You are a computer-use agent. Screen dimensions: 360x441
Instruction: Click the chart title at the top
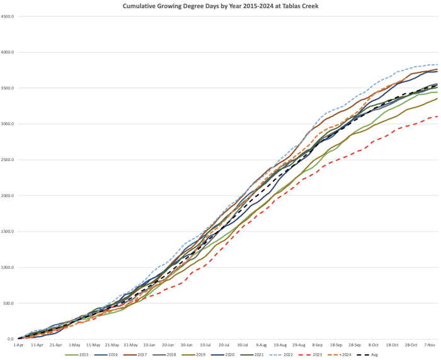tap(221, 5)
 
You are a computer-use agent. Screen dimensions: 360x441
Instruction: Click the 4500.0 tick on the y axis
tap(8, 16)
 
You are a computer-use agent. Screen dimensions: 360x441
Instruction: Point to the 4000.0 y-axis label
tap(8, 52)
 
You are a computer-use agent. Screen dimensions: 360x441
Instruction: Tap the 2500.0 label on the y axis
tap(8, 160)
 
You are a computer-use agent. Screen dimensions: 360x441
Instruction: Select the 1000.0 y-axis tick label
tap(8, 267)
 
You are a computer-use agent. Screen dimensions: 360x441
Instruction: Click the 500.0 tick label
tap(9, 303)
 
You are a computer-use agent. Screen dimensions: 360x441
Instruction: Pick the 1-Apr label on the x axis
tap(18, 345)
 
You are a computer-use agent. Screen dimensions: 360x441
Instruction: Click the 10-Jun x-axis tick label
tap(149, 345)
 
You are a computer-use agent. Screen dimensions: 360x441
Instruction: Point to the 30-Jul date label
tap(243, 345)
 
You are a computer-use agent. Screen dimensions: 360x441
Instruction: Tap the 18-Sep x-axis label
tap(336, 345)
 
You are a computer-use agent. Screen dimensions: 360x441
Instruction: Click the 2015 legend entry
tap(80, 354)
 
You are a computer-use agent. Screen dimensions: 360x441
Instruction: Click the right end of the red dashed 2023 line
tap(438, 116)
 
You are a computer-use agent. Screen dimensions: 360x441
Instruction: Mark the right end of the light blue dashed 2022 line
tap(438, 65)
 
